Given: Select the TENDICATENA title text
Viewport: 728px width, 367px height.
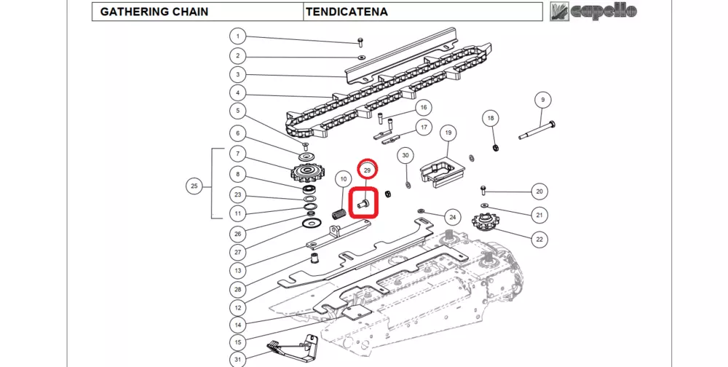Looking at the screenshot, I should [347, 12].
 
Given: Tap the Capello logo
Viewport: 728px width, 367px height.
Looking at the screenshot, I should [593, 11].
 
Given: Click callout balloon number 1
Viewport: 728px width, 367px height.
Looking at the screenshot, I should [237, 36].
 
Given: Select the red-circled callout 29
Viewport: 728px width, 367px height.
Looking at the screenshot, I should [368, 170].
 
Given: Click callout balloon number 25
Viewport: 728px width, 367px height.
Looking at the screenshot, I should [194, 186].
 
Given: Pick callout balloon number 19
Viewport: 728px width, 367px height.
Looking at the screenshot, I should [448, 133].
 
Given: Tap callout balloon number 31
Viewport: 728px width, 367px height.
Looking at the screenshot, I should [237, 359].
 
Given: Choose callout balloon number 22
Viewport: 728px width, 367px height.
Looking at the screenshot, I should [539, 238].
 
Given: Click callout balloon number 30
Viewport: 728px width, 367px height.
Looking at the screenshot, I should [406, 155].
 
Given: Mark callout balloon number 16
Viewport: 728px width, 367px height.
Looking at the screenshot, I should [423, 108].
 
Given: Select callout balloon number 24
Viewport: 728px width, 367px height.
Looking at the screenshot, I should [452, 217].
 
